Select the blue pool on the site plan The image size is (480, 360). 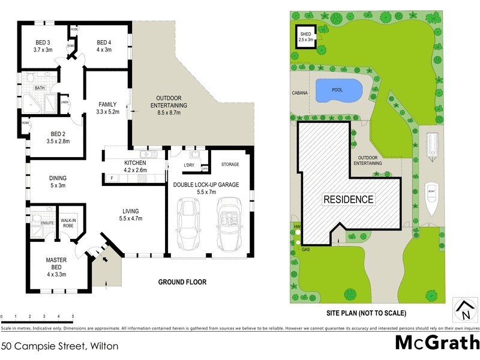click(x=338, y=91)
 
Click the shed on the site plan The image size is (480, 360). click(x=305, y=37)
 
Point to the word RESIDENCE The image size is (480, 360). click(x=349, y=199)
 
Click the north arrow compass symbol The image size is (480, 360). click(x=464, y=311)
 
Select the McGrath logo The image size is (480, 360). click(x=437, y=343)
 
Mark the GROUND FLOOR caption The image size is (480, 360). click(x=182, y=282)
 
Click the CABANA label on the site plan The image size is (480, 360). click(x=300, y=93)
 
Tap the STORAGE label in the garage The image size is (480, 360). click(x=230, y=164)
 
